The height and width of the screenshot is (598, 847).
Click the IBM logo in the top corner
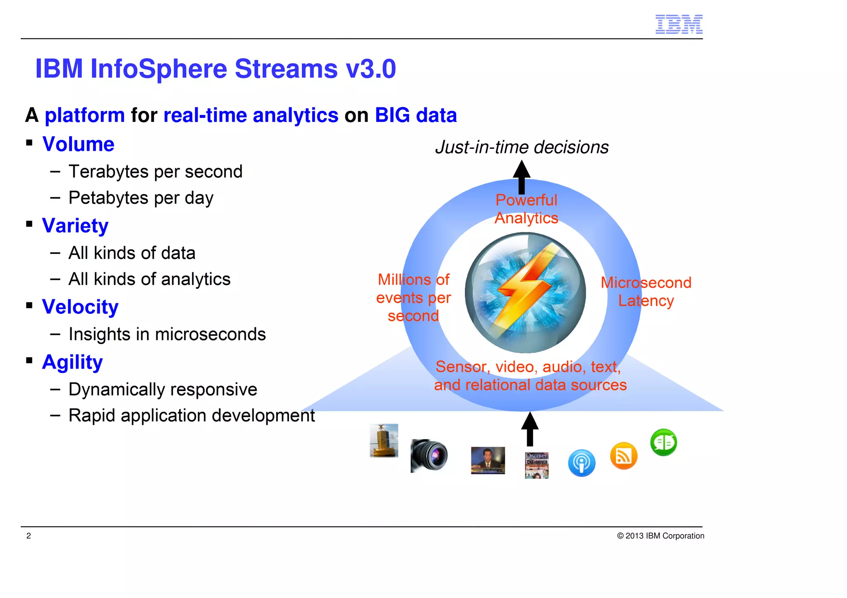(679, 24)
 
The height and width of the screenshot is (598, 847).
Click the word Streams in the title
(286, 69)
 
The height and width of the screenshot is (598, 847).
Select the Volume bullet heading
(78, 144)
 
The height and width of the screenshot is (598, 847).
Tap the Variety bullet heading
(75, 226)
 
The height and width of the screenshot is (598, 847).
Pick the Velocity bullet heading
(80, 307)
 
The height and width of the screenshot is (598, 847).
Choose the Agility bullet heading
(72, 362)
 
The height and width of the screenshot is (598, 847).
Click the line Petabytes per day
(141, 198)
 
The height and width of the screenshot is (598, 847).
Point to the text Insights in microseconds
(167, 334)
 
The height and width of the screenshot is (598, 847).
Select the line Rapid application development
(191, 416)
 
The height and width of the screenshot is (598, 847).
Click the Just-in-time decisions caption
(522, 148)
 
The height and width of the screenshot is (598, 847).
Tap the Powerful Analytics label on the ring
(526, 209)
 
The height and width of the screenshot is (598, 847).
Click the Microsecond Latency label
(646, 292)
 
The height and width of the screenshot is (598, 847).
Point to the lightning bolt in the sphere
(525, 289)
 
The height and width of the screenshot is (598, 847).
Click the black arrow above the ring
(522, 177)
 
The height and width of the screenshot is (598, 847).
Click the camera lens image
(429, 455)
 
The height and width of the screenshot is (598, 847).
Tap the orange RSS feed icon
(623, 456)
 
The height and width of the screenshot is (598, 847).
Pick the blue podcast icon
(581, 463)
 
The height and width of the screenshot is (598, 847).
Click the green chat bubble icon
(663, 442)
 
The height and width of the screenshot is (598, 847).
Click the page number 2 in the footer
(29, 536)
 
